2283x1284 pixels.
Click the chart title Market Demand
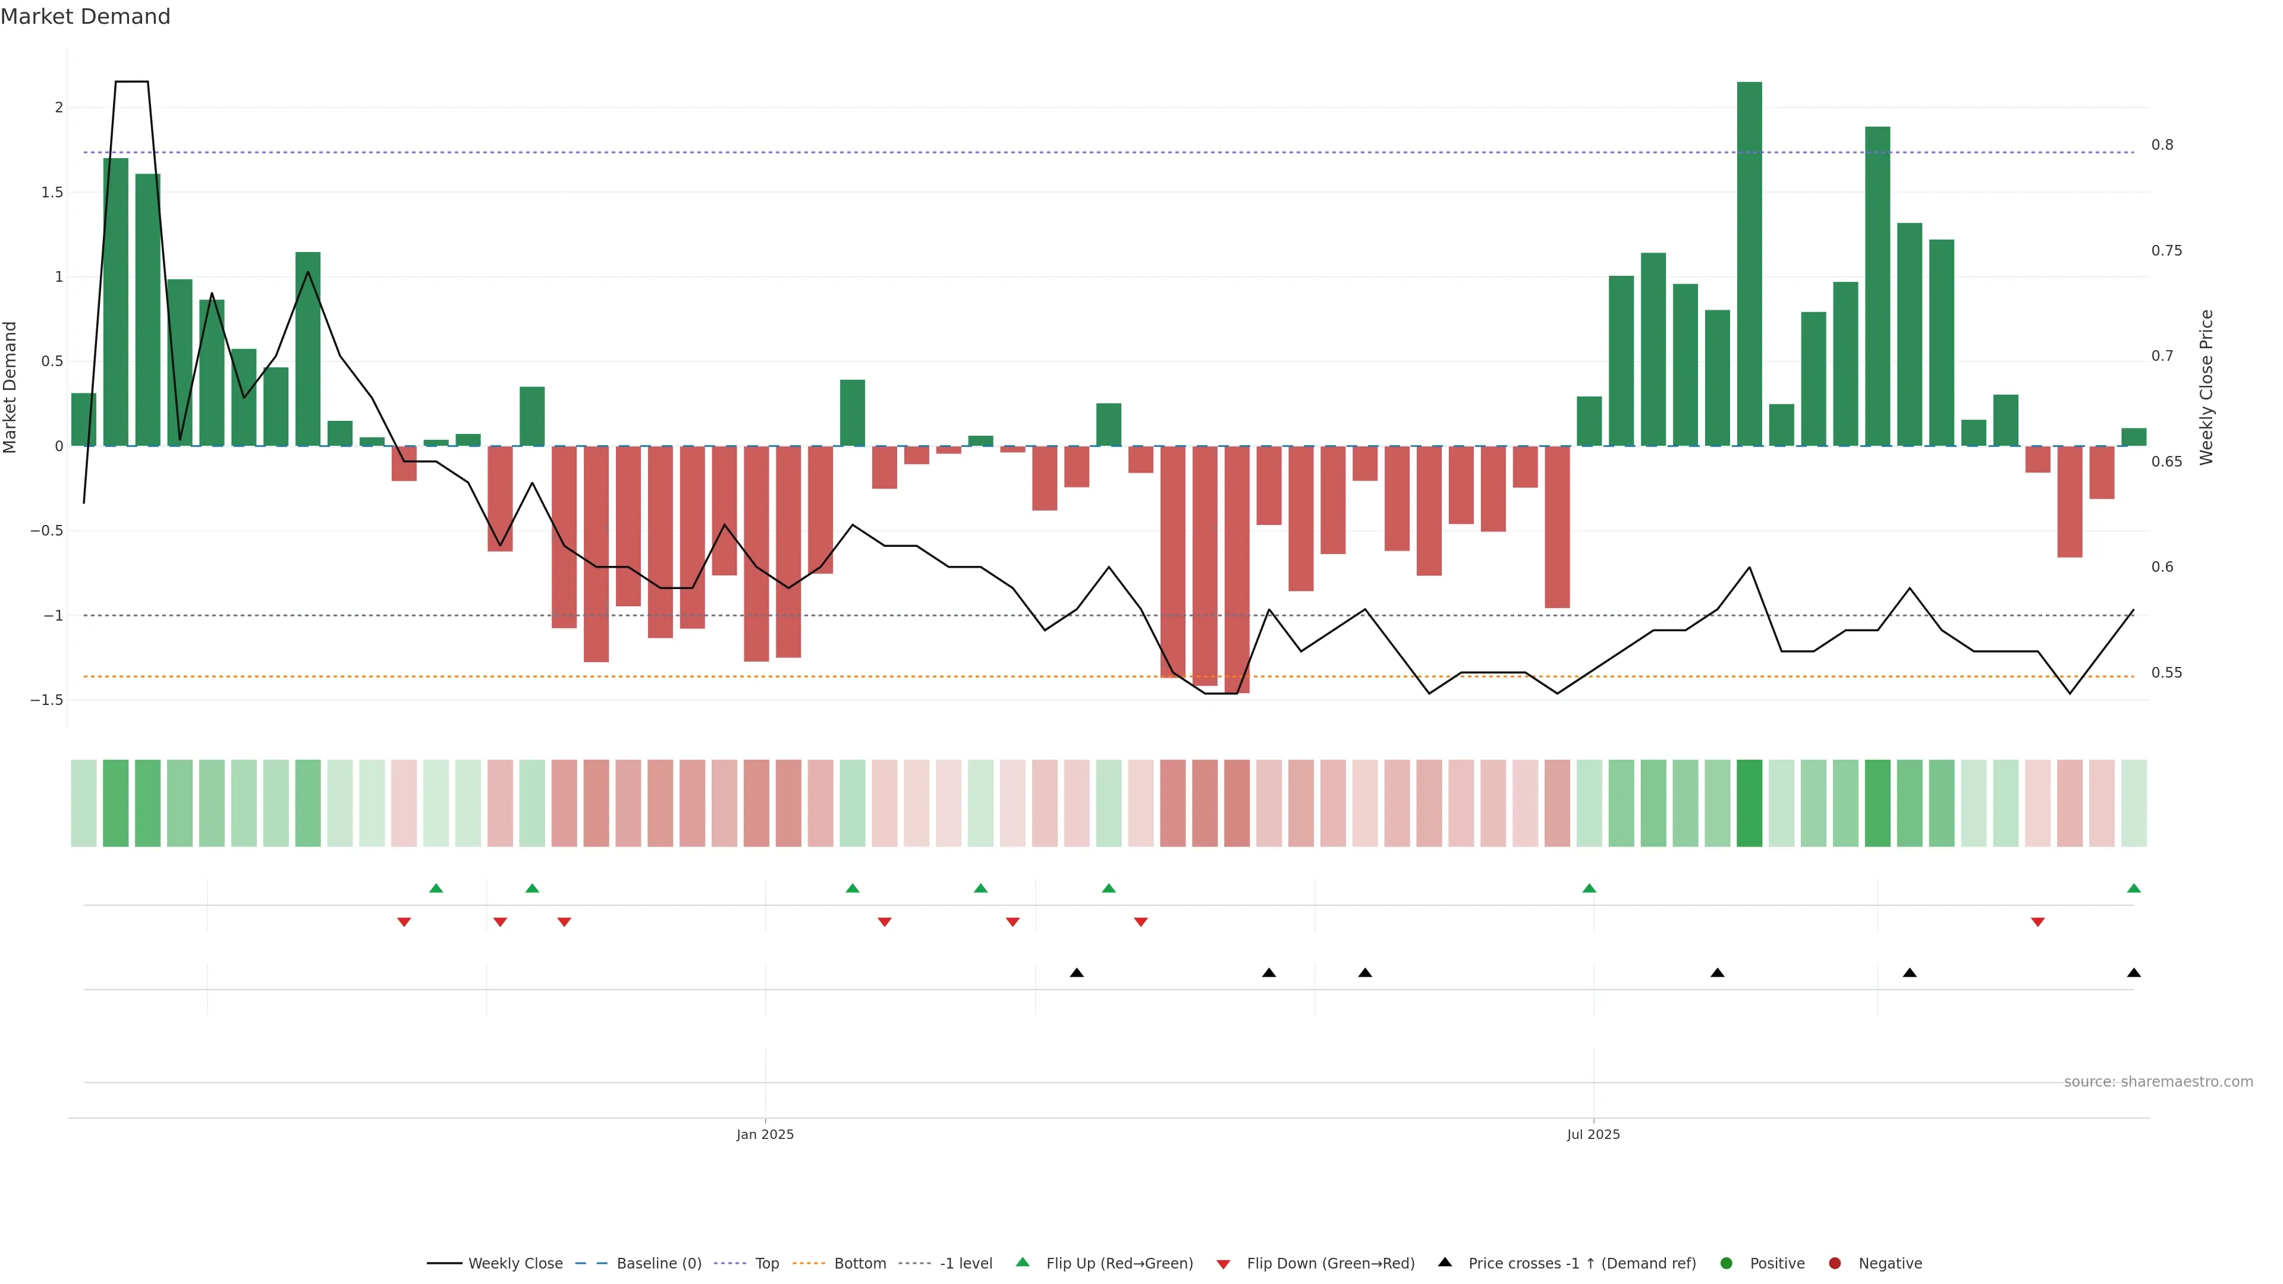(x=85, y=17)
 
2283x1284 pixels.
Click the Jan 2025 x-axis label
(x=765, y=1134)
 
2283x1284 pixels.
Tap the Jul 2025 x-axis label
(x=1593, y=1134)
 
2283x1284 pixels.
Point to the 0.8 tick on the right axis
(x=2162, y=145)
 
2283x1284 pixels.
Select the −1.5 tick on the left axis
(x=47, y=700)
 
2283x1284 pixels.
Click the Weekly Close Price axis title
(x=2206, y=387)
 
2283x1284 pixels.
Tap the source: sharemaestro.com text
(x=2158, y=1082)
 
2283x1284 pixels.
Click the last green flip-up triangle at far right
(x=2133, y=889)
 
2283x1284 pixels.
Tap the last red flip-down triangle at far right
(x=2037, y=923)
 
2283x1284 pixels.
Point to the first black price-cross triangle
(x=1077, y=973)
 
